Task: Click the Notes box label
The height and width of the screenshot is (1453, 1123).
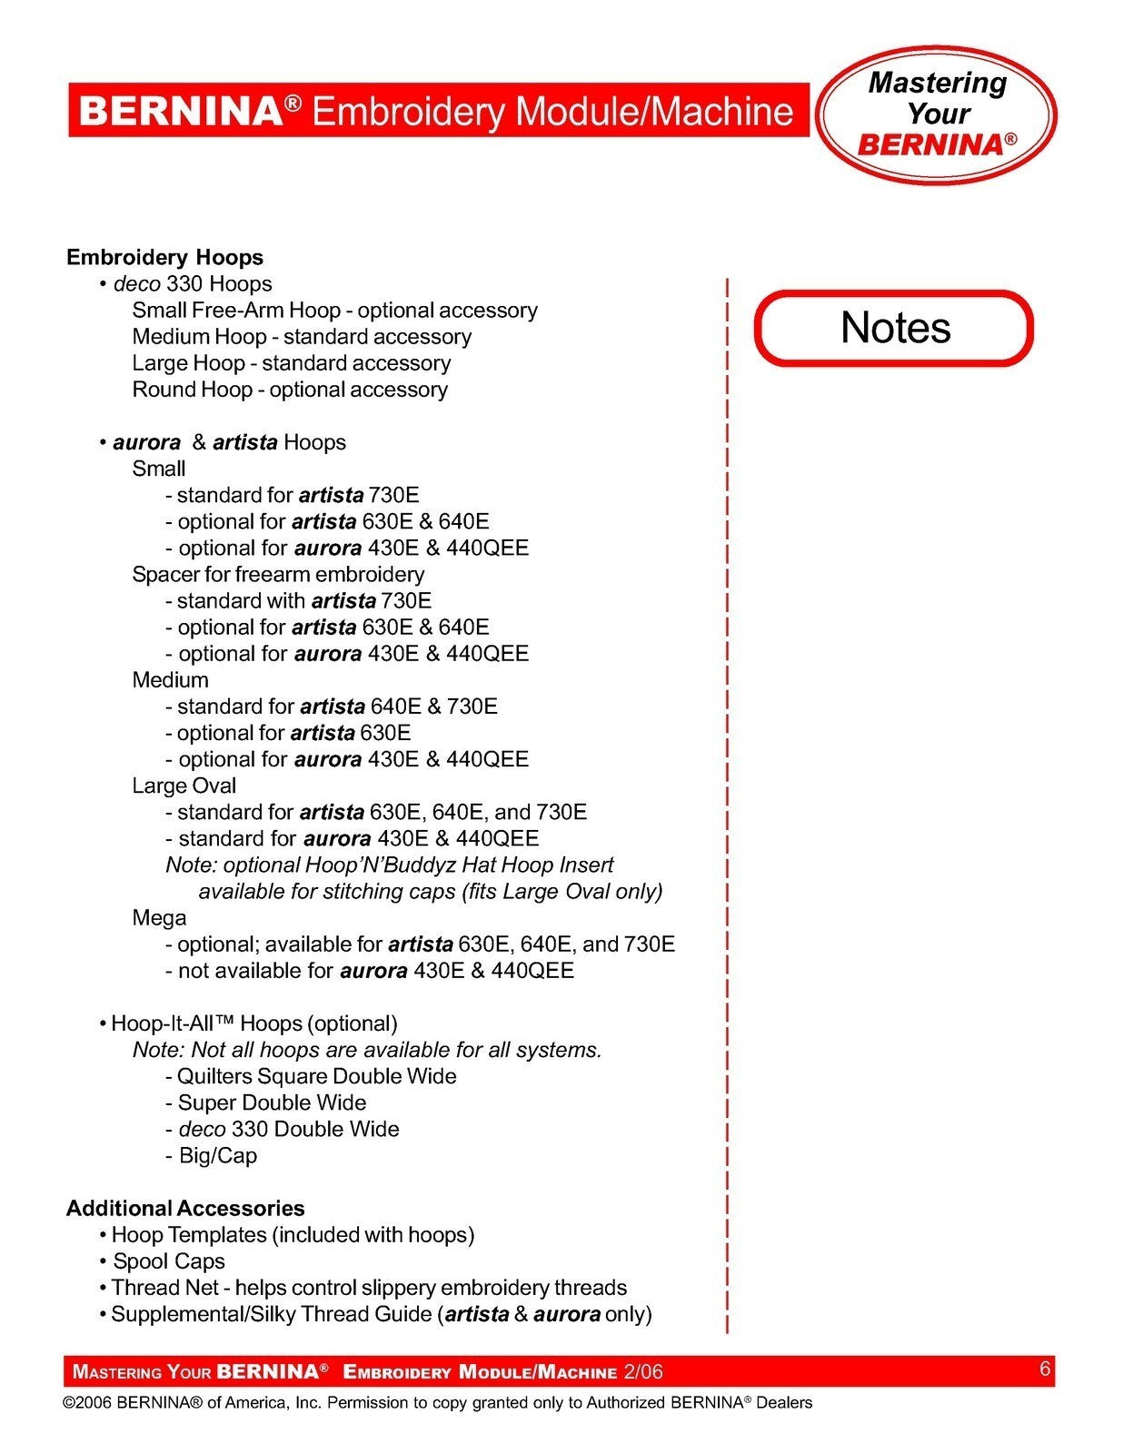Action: coord(895,328)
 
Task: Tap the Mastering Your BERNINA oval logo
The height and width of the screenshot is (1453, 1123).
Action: coord(937,114)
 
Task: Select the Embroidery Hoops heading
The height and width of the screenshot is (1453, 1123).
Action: coord(164,258)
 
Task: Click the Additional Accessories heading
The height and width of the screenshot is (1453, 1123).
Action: coord(185,1209)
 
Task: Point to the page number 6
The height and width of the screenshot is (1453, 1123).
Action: coord(1045,1369)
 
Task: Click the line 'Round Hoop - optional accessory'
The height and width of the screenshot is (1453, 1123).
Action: coord(290,390)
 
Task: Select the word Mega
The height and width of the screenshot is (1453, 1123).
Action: coord(159,918)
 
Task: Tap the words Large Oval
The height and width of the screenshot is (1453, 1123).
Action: coord(184,786)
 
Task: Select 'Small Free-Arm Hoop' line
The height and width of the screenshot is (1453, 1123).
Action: coord(334,311)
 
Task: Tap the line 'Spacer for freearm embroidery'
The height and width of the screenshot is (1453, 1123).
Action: coord(278,575)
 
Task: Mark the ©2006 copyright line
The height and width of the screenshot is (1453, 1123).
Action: coord(437,1403)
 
